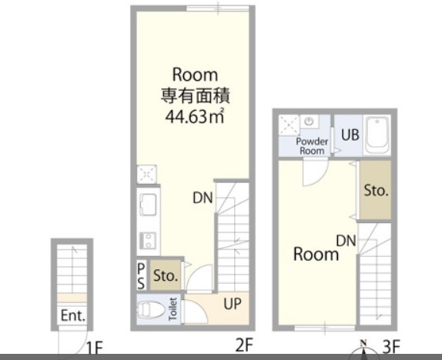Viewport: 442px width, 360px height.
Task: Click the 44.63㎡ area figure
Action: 195,116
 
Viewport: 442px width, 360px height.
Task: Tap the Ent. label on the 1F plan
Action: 73,315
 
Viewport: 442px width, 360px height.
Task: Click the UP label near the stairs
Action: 233,304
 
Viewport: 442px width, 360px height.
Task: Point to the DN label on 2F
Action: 203,198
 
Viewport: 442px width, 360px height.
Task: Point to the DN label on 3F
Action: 346,241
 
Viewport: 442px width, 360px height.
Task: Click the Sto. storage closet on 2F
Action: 166,275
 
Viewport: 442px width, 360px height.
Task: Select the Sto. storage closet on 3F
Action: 376,190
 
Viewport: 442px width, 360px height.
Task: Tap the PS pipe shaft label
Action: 141,276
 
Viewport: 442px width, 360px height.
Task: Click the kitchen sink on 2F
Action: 147,205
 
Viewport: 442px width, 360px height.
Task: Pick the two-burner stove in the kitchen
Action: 147,241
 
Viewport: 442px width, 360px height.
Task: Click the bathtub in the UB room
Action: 377,135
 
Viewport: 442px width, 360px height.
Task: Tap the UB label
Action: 350,135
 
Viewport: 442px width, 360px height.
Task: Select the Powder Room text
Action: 312,146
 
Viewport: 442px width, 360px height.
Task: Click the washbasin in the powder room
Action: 310,122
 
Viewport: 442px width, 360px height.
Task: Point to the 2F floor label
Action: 244,345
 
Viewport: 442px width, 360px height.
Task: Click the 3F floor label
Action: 391,346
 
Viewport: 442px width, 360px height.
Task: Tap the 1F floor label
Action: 95,348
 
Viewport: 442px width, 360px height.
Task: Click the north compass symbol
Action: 364,350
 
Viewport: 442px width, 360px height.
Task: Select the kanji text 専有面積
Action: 195,95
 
